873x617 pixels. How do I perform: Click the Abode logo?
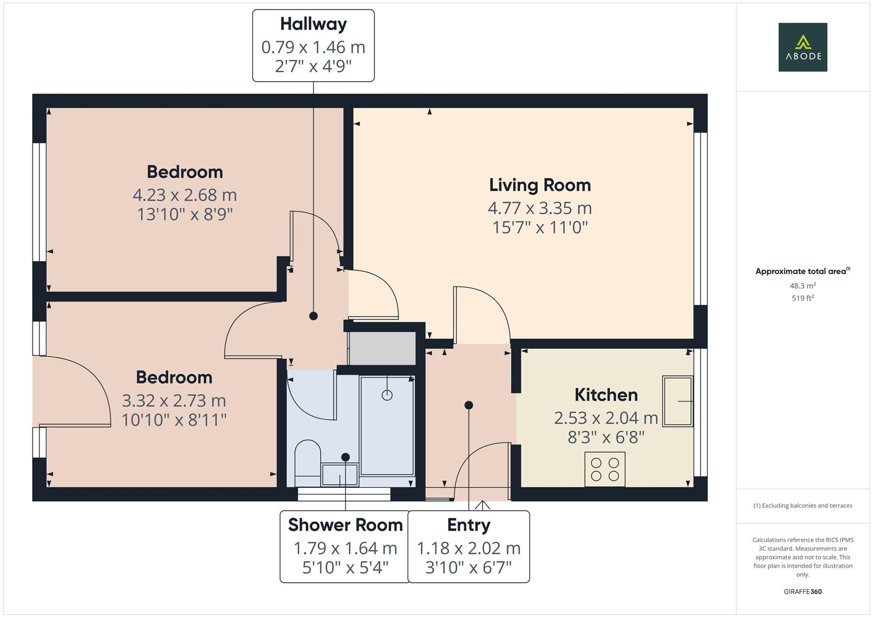click(x=802, y=47)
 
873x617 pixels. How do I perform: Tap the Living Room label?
click(x=540, y=185)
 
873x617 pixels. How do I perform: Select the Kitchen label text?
click(x=605, y=395)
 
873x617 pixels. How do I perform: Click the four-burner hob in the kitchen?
click(x=605, y=469)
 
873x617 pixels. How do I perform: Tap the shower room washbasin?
click(x=340, y=475)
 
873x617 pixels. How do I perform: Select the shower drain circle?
click(x=387, y=395)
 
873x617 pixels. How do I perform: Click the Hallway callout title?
click(x=313, y=24)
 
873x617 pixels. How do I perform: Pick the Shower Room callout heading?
click(x=345, y=524)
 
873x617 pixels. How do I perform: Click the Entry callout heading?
click(x=468, y=524)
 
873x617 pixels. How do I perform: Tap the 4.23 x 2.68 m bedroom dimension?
click(x=185, y=195)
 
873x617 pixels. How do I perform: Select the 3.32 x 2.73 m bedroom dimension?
click(x=174, y=400)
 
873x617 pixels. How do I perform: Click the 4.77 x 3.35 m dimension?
click(x=540, y=208)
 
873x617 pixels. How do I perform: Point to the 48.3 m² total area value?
click(x=802, y=286)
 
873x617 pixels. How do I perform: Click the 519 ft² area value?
click(x=802, y=298)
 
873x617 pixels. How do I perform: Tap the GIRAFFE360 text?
click(x=802, y=591)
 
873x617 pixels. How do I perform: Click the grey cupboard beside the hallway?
click(x=382, y=348)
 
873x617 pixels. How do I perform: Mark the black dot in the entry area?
click(x=469, y=405)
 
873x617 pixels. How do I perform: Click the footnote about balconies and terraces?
click(x=802, y=506)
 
